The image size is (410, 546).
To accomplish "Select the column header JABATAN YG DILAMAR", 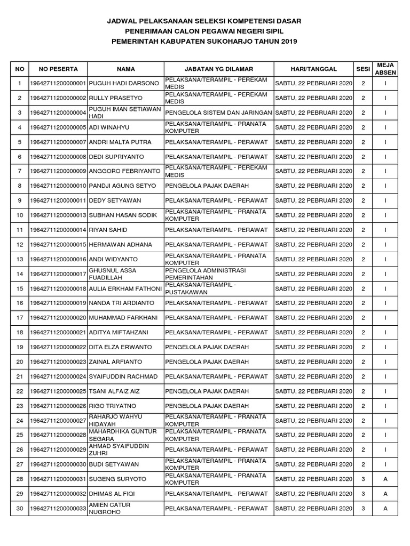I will coord(219,69).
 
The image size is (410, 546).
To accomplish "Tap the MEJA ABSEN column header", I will coord(385,69).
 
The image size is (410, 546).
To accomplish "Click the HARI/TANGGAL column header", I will coord(313,69).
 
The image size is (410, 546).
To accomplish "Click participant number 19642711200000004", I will coord(58,113).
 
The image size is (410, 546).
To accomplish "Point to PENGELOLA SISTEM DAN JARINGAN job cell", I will coord(219,113).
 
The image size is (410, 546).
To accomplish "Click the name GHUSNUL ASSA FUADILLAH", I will coord(113,274).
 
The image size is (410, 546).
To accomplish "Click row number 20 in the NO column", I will coord(20,362).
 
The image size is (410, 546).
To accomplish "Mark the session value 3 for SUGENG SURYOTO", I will coord(363,479).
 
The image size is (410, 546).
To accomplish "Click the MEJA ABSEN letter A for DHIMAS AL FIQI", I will coord(385,494).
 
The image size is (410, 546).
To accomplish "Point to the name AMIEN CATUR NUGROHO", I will coord(111,509).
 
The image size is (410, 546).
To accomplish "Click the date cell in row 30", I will coord(313,509).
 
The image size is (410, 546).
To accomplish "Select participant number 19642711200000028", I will coord(58,435).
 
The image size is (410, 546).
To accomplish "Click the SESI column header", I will coord(363,69).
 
